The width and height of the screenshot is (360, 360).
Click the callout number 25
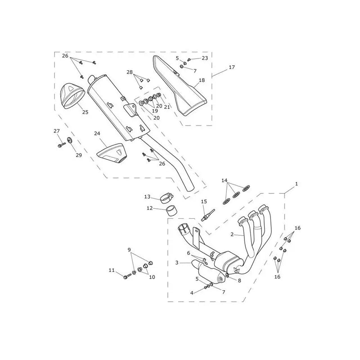pos(85,112)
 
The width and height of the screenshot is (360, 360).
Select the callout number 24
pos(97,133)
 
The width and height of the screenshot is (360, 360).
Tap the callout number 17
pos(232,67)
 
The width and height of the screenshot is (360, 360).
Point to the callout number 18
pos(202,80)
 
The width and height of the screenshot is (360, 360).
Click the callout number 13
pos(147,197)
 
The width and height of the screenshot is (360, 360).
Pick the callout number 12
pos(150,208)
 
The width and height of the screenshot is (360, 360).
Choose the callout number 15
pos(204,202)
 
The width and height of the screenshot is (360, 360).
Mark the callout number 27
pos(57,131)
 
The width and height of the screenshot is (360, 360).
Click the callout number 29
pos(79,155)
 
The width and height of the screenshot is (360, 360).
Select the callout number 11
pos(112,270)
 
